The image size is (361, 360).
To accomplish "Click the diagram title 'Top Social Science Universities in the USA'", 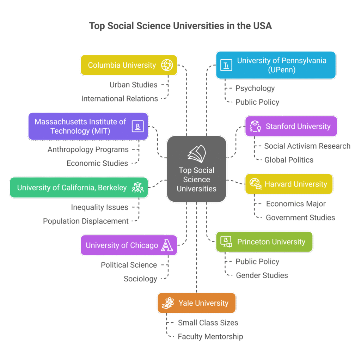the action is pos(180,26).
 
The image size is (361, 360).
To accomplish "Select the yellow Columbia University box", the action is pos(129,65).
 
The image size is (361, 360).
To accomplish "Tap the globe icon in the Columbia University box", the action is pos(167,65).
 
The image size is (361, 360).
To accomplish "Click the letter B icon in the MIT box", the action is pos(138,126).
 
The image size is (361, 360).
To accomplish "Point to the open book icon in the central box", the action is pos(197,154).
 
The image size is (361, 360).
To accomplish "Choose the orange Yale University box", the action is pos(197,303).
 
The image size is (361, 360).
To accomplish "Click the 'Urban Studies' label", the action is pos(133,85).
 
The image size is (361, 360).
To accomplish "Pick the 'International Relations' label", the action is pos(120,99).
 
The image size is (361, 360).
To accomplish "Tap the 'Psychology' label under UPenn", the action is pos(255,88).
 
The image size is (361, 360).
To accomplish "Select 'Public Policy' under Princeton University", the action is pos(257,261).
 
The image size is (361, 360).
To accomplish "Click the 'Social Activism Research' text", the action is pos(307,146).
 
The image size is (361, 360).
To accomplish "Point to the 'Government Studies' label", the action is pos(300,218).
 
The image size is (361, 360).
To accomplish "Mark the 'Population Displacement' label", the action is pos(86,221).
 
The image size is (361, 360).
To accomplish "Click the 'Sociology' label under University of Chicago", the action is pos(140,279).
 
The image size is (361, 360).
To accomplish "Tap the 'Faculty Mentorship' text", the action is pos(210,336).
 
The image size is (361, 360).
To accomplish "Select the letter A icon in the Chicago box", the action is pos(167,245).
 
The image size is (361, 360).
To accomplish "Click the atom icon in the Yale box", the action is pos(168,303).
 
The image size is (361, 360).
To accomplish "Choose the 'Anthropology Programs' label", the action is pos(88,150).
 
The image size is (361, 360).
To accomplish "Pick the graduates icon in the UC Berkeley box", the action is pos(138,188).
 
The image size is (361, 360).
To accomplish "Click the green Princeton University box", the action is pos(264,242).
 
